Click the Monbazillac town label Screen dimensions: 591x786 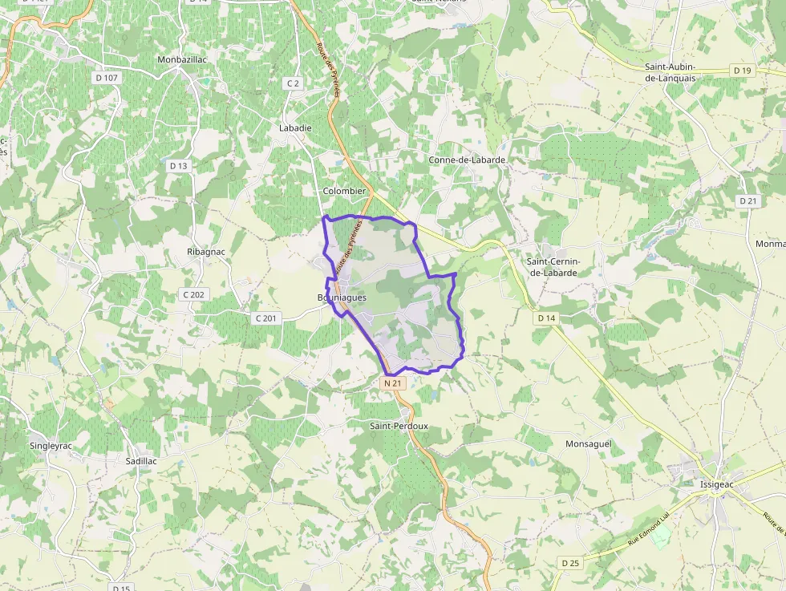pyautogui.click(x=184, y=59)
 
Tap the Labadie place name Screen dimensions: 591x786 pyautogui.click(x=294, y=128)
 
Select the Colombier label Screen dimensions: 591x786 pyautogui.click(x=344, y=191)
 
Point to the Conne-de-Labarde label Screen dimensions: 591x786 pyautogui.click(x=467, y=160)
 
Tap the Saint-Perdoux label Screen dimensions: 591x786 pyautogui.click(x=399, y=426)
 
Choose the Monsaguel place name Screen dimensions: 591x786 pyautogui.click(x=588, y=443)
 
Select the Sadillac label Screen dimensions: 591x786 pyautogui.click(x=141, y=462)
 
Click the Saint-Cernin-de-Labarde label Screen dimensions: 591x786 pyautogui.click(x=564, y=267)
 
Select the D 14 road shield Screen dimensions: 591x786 pyautogui.click(x=546, y=318)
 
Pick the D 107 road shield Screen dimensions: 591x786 pyautogui.click(x=106, y=78)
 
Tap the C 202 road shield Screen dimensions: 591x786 pyautogui.click(x=194, y=294)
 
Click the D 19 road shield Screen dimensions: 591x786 pyautogui.click(x=742, y=71)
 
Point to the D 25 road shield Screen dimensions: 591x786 pyautogui.click(x=570, y=563)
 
